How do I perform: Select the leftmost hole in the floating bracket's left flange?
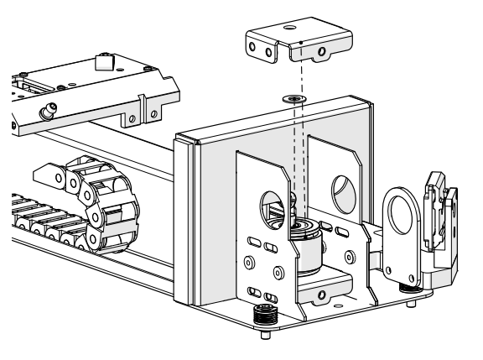(x=256, y=51)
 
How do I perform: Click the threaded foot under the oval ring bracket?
(x=413, y=284)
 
